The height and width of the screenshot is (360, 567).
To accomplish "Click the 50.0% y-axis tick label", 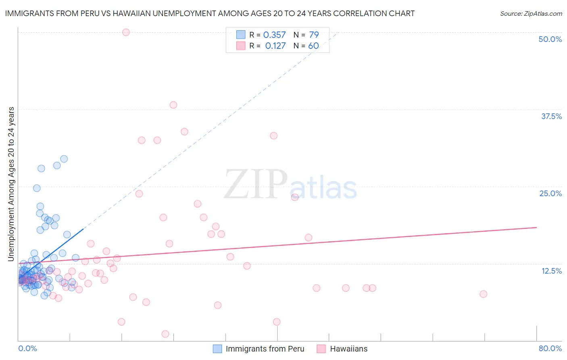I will [550, 39].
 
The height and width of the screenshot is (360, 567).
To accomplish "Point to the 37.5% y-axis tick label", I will [551, 116].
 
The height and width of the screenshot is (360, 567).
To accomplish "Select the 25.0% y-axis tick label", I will [550, 193].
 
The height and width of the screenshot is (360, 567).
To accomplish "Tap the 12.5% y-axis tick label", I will [551, 271].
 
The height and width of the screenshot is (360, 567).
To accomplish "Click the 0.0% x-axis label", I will [27, 348].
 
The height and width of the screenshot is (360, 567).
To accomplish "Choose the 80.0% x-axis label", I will [550, 348].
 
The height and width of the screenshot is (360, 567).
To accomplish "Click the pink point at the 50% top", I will [126, 32].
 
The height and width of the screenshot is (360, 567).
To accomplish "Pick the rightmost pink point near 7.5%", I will [484, 294].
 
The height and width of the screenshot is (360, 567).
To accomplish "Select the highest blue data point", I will [64, 159].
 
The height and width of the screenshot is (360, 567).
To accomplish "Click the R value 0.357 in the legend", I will [274, 35].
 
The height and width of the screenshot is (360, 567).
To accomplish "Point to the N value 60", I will [313, 46].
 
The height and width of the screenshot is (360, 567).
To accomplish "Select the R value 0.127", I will [275, 46].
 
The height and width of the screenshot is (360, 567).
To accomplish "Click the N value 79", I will [314, 35].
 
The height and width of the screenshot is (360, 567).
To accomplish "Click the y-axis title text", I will [11, 184].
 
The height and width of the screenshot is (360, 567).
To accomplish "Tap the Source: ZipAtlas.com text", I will [531, 14].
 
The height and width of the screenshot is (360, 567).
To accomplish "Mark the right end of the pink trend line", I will [536, 228].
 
